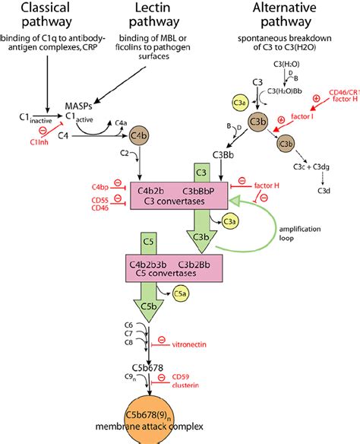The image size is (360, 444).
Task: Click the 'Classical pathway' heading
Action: click(x=48, y=16)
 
